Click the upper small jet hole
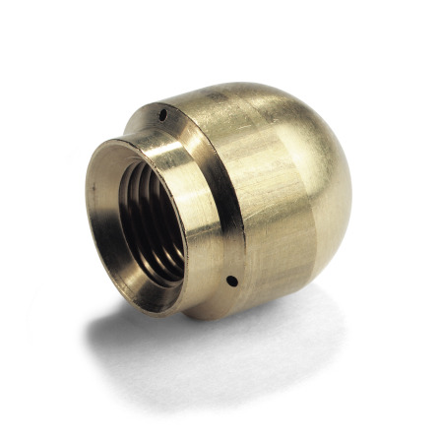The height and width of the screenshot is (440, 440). (x=161, y=116)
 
